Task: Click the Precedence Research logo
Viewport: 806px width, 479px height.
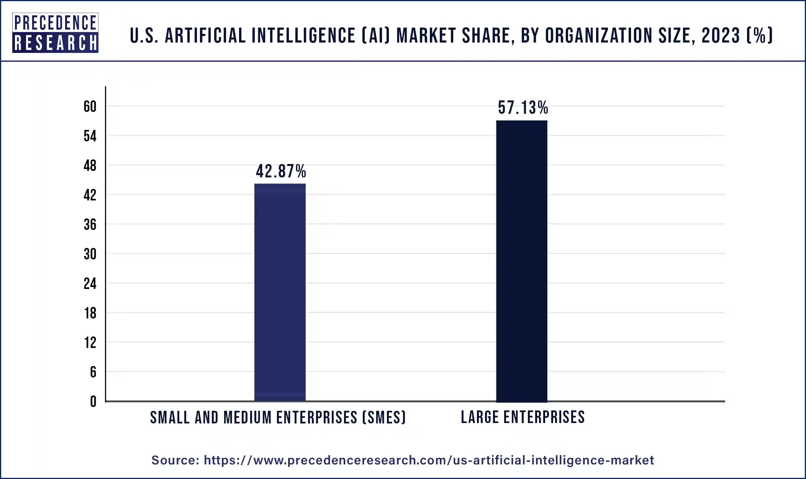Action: click(55, 33)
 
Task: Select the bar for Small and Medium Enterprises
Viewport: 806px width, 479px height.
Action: click(280, 292)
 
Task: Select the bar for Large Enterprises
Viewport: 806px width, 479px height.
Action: click(521, 261)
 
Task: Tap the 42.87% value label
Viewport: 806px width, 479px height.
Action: click(281, 171)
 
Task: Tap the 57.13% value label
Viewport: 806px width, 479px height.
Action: click(523, 108)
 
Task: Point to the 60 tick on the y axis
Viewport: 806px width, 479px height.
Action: click(90, 107)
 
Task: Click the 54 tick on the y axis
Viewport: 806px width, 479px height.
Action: click(90, 136)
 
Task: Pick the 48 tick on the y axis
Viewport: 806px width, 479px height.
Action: click(90, 166)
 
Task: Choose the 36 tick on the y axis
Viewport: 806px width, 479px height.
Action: click(90, 225)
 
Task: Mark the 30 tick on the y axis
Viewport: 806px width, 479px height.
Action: click(90, 254)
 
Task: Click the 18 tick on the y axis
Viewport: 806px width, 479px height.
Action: click(90, 313)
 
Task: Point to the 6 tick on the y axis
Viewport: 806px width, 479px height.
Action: click(93, 372)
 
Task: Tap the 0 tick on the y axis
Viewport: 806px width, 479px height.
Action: click(93, 402)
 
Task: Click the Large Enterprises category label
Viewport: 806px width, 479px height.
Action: click(523, 417)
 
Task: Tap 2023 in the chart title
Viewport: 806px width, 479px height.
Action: click(721, 36)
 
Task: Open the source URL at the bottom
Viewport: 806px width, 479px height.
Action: click(429, 460)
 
